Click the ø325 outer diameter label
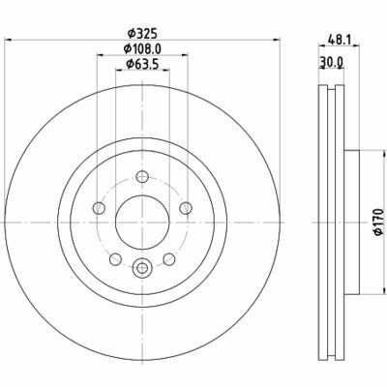(142, 28)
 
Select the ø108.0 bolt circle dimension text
(142, 47)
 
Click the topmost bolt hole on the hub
(142, 176)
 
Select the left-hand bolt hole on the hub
(98, 208)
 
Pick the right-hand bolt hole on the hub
(186, 208)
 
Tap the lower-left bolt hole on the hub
(115, 259)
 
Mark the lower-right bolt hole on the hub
(169, 259)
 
